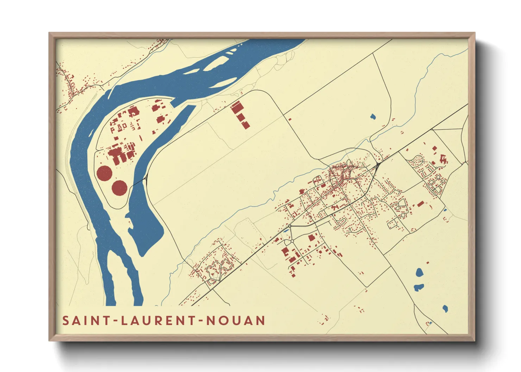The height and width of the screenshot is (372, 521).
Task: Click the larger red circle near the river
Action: click(104, 173)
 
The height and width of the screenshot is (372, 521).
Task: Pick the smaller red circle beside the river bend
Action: click(119, 188)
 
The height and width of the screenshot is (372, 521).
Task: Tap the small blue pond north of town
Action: click(373, 116)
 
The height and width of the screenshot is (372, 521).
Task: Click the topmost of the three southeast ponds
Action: click(419, 272)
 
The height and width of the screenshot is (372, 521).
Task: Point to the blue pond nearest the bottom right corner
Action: click(445, 309)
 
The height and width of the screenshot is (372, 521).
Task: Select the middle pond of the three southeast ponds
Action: click(418, 287)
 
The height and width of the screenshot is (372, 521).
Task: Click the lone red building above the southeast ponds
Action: click(428, 262)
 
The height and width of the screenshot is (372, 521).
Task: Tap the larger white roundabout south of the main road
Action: click(292, 241)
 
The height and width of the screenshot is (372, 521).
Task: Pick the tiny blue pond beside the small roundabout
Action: click(286, 231)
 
